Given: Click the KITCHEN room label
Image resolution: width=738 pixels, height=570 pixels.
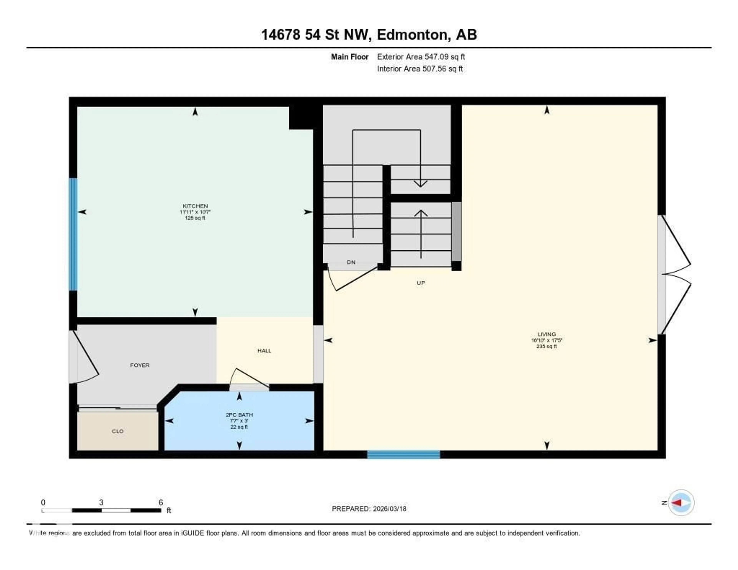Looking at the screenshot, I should pyautogui.click(x=195, y=206).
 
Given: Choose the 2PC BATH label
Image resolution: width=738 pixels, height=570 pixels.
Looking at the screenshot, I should pyautogui.click(x=239, y=415).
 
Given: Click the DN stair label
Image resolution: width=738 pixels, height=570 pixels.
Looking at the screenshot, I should pyautogui.click(x=351, y=262).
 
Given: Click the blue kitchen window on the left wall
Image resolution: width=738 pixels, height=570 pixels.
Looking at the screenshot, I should pyautogui.click(x=73, y=234).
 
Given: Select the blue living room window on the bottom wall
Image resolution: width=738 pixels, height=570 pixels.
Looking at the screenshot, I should pyautogui.click(x=403, y=455).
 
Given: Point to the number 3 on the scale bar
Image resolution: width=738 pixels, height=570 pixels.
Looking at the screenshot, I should pyautogui.click(x=101, y=502).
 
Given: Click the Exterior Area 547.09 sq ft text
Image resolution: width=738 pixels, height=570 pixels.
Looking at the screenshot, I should pyautogui.click(x=421, y=57).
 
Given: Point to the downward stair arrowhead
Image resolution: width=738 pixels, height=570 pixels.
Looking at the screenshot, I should pyautogui.click(x=421, y=184).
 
